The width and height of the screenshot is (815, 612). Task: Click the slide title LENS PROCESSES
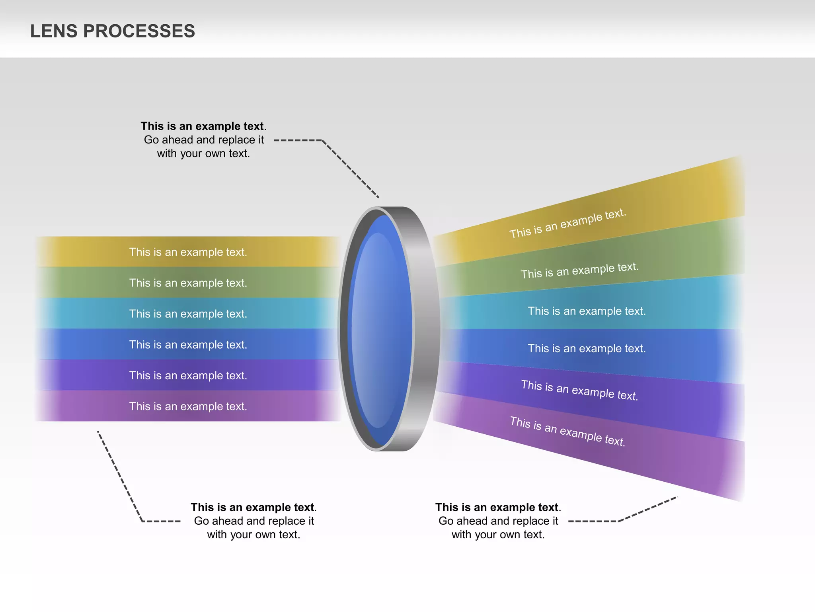(113, 31)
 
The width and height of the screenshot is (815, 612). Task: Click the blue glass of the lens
(380, 331)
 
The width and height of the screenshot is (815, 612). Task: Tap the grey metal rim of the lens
(426, 331)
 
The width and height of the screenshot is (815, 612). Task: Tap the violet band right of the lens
(589, 394)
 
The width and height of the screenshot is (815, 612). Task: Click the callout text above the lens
(203, 139)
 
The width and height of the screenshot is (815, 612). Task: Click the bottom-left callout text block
(253, 521)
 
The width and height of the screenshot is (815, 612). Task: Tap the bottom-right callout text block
(498, 521)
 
